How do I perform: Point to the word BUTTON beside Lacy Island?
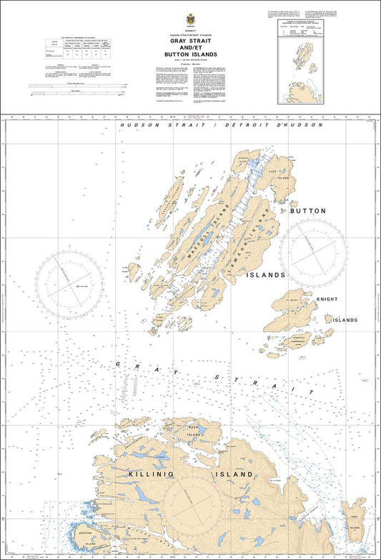pos(308,211)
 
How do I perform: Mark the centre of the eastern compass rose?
pos(313,247)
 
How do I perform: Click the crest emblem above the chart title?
pos(190,20)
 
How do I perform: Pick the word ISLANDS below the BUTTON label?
pos(266,275)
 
